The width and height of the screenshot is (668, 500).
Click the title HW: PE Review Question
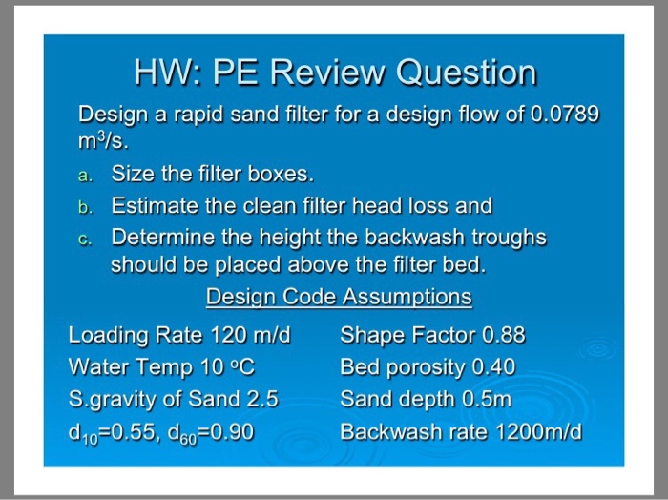click(x=334, y=72)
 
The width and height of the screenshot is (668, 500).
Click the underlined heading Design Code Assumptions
click(x=339, y=297)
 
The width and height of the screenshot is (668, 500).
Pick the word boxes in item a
click(x=279, y=175)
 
